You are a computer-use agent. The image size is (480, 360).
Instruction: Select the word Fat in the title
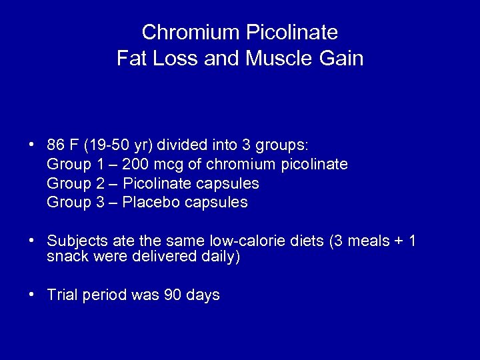tap(132, 59)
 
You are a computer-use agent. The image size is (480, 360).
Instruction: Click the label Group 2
tap(75, 183)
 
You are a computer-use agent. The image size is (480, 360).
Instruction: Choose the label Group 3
tap(75, 202)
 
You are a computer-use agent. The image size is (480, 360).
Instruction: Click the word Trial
tap(63, 295)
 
